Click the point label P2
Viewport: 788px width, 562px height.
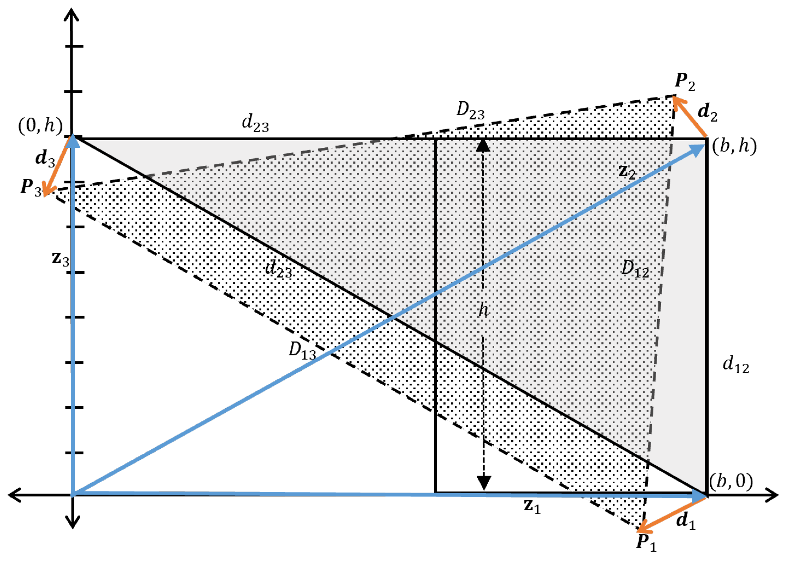pyautogui.click(x=685, y=82)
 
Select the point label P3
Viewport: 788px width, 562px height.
pyautogui.click(x=31, y=188)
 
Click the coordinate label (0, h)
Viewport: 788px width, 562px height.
pyautogui.click(x=40, y=126)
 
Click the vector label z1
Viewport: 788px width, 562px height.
pyautogui.click(x=532, y=506)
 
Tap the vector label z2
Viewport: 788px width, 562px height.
pyautogui.click(x=627, y=172)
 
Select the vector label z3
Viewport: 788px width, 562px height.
pyautogui.click(x=60, y=258)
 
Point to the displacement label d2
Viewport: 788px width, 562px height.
pyautogui.click(x=707, y=113)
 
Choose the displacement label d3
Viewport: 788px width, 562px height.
pyautogui.click(x=45, y=158)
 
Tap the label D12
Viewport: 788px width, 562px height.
pyautogui.click(x=635, y=268)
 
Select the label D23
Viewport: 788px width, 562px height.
pyautogui.click(x=470, y=111)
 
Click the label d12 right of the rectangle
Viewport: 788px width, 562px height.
pyautogui.click(x=736, y=365)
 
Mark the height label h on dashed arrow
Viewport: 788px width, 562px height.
pyautogui.click(x=484, y=310)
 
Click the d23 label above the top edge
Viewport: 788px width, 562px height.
pyautogui.click(x=255, y=123)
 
